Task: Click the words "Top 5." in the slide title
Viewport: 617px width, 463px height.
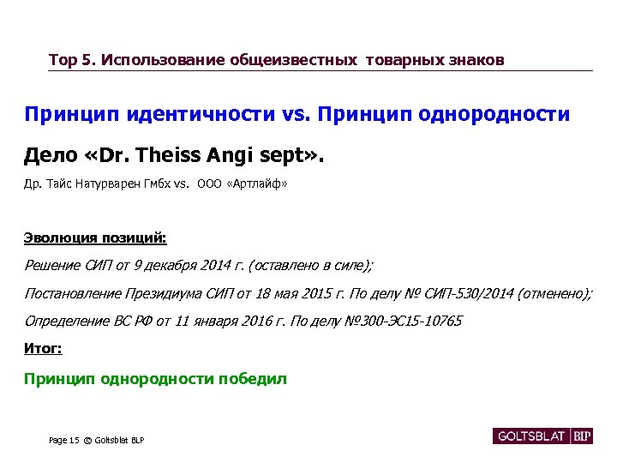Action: (72, 60)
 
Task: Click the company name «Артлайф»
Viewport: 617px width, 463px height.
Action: (258, 183)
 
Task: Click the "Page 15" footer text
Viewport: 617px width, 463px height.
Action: (63, 440)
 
